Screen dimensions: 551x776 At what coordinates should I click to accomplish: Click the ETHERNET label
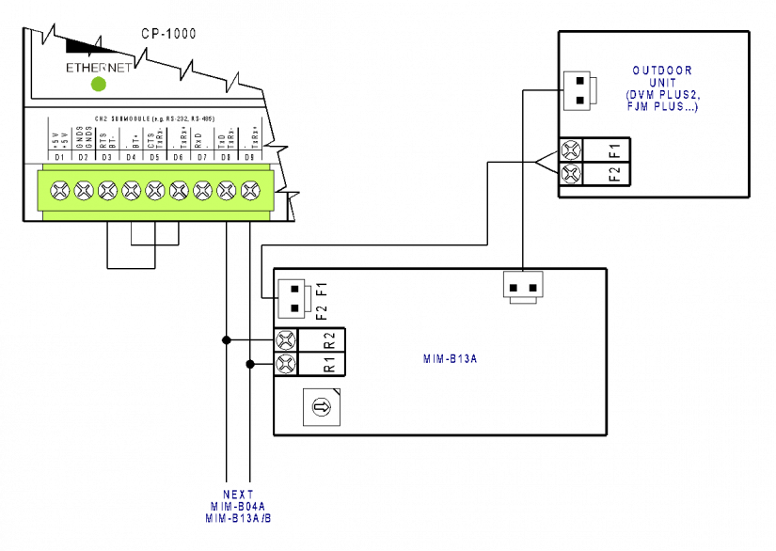(99, 68)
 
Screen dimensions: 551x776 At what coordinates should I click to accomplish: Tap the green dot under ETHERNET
(99, 85)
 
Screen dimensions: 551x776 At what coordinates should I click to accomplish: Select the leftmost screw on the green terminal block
(60, 191)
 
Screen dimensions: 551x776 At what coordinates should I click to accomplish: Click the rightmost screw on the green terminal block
(250, 191)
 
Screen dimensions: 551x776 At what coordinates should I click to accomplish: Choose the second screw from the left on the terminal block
(84, 191)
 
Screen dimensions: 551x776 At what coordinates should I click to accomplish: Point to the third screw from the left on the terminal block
(107, 191)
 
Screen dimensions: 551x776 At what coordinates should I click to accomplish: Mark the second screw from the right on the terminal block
(227, 191)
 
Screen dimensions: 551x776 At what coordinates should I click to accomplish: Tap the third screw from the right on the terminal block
(203, 191)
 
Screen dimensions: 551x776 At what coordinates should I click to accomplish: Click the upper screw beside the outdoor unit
(571, 150)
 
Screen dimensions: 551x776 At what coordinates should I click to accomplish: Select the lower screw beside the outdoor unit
(571, 174)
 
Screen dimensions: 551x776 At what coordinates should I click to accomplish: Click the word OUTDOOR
(662, 71)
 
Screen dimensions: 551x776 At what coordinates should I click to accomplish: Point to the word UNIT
(662, 83)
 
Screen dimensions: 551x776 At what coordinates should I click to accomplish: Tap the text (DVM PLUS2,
(662, 95)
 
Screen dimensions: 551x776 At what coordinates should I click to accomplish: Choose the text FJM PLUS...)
(662, 107)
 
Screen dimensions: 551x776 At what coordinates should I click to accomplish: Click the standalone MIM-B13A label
(450, 358)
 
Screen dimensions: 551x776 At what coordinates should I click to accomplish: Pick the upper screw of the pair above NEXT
(286, 340)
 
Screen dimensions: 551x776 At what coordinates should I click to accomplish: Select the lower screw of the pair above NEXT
(286, 364)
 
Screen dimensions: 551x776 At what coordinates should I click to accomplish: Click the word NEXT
(238, 495)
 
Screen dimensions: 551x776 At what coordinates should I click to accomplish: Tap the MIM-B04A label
(238, 507)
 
